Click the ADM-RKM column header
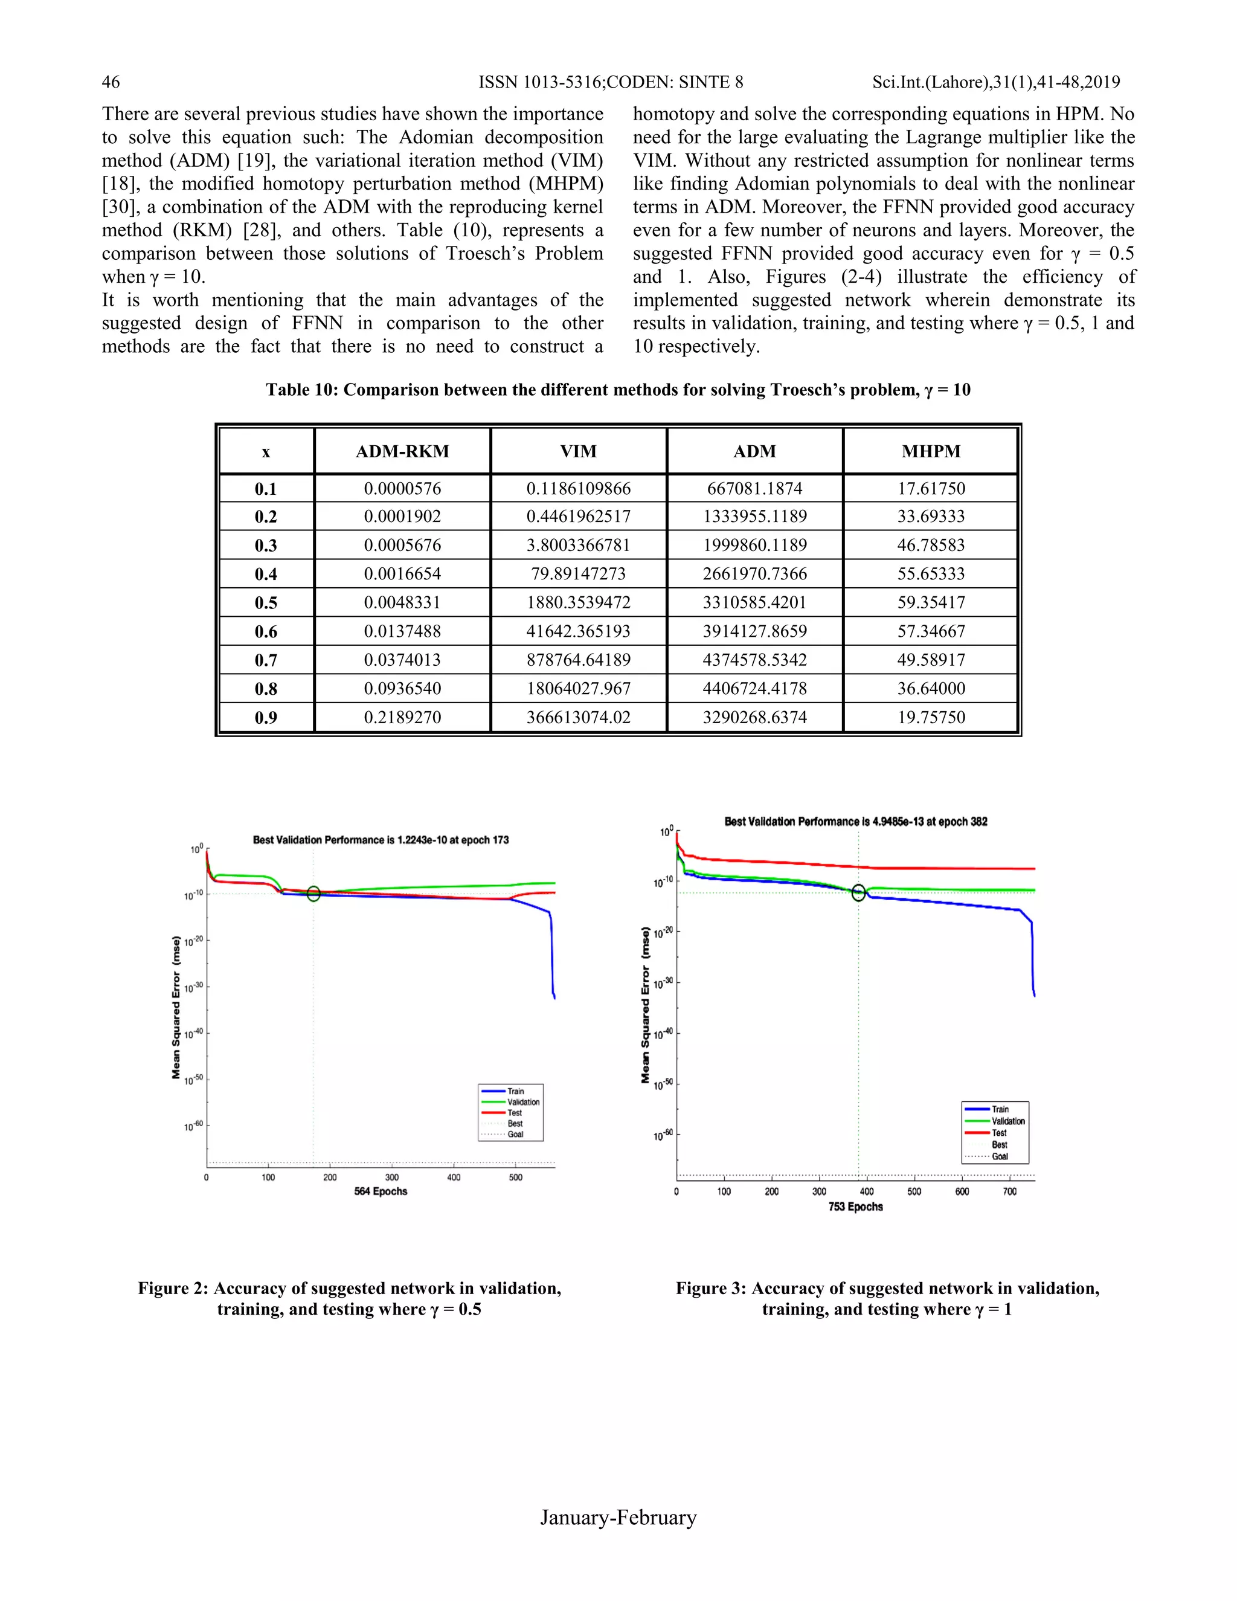coord(402,451)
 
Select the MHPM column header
coord(931,451)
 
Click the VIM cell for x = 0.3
coord(578,546)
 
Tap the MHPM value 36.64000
coord(931,688)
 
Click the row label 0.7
coord(266,660)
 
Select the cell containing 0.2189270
coord(402,717)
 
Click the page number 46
coord(111,82)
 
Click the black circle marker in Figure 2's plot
coord(313,894)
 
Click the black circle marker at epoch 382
coord(859,892)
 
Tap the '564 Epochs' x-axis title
coord(381,1191)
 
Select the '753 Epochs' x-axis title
coord(855,1206)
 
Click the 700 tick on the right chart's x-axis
coord(1009,1192)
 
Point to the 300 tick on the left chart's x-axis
coord(392,1177)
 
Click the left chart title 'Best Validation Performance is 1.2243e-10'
coord(381,840)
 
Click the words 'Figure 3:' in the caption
coord(710,1289)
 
